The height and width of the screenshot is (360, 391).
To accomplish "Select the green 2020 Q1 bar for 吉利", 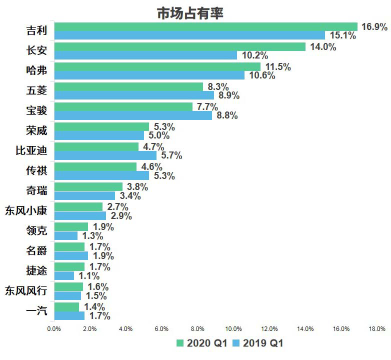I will click(x=205, y=26).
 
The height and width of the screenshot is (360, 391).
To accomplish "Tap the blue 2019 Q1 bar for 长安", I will click(x=145, y=55).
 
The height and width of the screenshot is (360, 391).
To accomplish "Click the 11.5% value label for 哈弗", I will click(x=277, y=67).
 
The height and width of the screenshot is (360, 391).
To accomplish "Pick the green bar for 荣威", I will click(x=101, y=126).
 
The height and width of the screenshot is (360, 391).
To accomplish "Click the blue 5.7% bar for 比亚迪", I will click(x=105, y=155).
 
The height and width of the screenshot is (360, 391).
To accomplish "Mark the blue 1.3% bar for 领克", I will click(x=66, y=235).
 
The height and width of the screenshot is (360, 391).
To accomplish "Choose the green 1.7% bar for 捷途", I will click(x=69, y=266).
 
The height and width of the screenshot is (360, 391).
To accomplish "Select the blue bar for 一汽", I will click(x=69, y=315).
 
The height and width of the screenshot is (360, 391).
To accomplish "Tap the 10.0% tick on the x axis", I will click(x=233, y=329).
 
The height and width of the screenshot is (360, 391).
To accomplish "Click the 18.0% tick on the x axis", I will click(x=377, y=329).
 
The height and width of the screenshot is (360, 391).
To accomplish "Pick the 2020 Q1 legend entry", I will click(x=203, y=343).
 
